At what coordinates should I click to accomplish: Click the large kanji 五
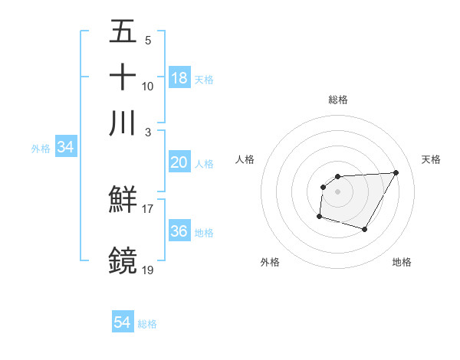click(123, 32)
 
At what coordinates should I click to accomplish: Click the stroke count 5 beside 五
click(147, 41)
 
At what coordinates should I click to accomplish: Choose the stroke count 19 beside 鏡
click(147, 269)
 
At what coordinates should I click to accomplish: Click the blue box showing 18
click(179, 78)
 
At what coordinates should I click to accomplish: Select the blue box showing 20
click(179, 162)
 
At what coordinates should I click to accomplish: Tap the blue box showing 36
click(179, 231)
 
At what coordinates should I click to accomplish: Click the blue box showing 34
click(65, 148)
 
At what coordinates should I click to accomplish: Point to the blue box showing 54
click(122, 323)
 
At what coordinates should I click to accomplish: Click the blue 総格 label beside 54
click(147, 324)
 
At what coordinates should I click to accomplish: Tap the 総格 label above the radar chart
click(338, 100)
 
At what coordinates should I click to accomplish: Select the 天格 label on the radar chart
click(431, 159)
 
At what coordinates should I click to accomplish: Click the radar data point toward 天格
click(396, 172)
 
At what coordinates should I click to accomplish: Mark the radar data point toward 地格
click(365, 229)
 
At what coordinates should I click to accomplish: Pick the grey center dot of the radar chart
click(338, 191)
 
